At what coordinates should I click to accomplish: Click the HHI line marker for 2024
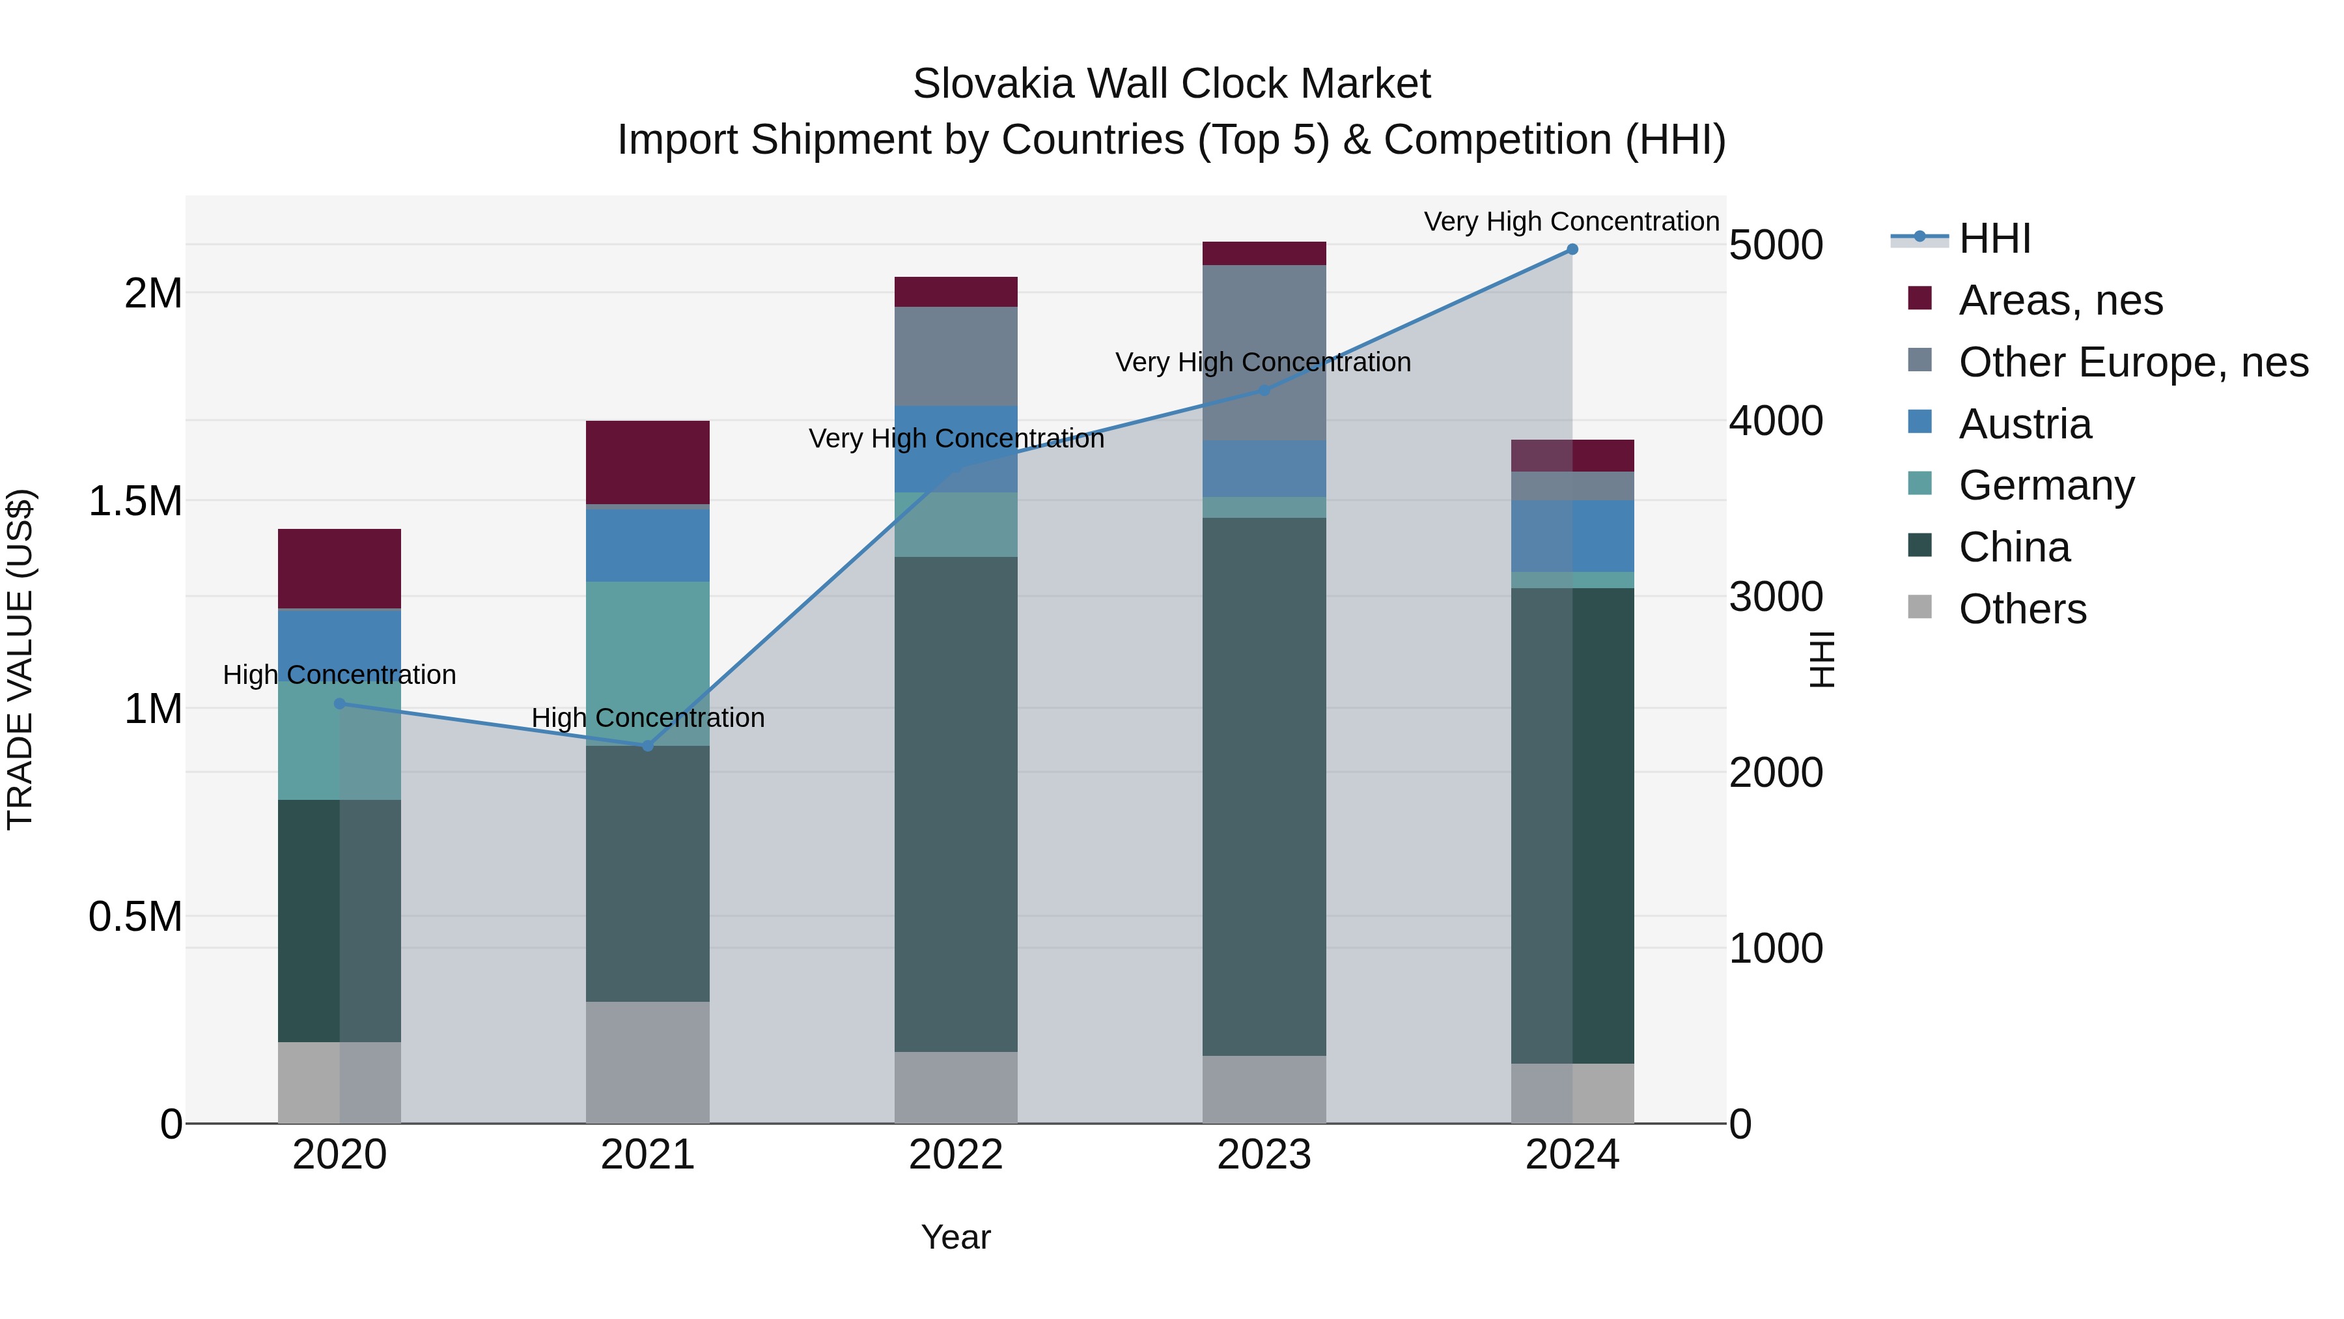coord(1572,249)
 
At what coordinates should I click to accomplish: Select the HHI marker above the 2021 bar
coord(648,746)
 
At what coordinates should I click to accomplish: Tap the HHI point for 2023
coord(1264,391)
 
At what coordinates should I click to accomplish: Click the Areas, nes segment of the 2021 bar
coord(648,462)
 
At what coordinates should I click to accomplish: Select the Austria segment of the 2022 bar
coord(955,449)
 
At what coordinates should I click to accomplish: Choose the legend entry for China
coord(2014,547)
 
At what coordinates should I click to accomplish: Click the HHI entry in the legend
coord(1994,238)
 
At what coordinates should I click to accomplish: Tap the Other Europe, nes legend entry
coord(2132,362)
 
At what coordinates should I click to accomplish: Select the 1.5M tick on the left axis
coord(135,502)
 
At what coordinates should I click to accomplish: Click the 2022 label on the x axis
coord(955,1155)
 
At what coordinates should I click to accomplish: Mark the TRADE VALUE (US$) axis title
coord(20,659)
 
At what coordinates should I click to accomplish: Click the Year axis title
coord(955,1237)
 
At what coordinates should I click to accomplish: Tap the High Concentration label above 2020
coord(339,675)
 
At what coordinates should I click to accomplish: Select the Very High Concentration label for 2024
coord(1572,221)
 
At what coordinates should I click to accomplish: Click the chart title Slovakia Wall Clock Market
coord(1171,84)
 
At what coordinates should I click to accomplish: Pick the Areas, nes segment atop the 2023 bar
coord(1264,253)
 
